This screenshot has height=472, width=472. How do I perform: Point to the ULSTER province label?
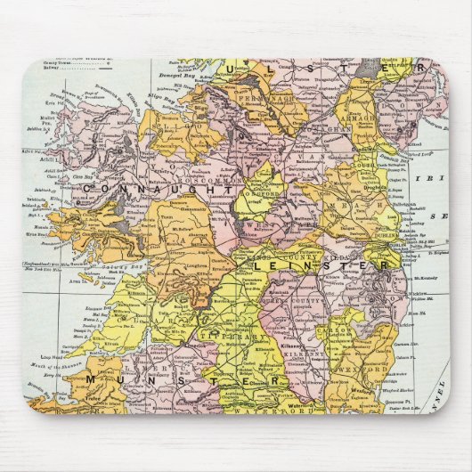(321, 68)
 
